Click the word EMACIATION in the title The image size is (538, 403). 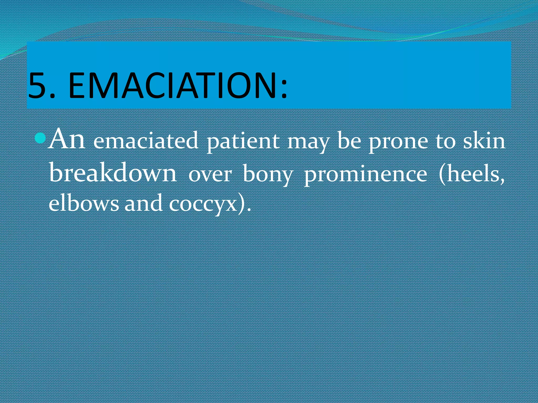(173, 86)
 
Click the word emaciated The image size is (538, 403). (146, 141)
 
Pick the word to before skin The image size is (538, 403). (445, 142)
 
